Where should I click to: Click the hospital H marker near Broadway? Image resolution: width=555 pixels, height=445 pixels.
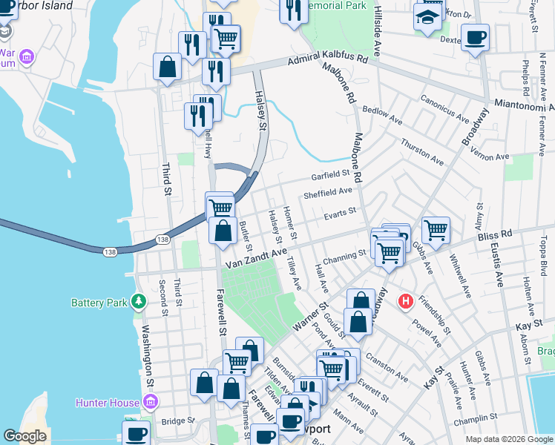(x=406, y=302)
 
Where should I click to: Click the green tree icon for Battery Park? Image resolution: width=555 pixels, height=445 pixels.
(x=138, y=302)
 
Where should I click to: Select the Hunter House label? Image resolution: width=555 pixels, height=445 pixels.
(x=108, y=403)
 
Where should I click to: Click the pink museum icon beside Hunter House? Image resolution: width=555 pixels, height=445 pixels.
(x=151, y=403)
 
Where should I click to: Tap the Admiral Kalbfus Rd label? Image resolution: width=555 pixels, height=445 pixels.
(x=326, y=59)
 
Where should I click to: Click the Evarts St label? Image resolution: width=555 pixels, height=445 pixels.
(x=340, y=213)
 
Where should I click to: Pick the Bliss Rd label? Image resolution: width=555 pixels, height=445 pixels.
(x=496, y=234)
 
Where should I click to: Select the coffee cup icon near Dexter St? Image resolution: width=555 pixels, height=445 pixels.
(x=475, y=36)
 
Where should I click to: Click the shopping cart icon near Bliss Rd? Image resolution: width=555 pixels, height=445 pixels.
(x=435, y=230)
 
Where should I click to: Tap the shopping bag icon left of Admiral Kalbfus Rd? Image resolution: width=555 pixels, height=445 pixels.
(x=168, y=67)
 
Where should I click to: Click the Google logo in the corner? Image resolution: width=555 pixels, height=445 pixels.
(x=26, y=436)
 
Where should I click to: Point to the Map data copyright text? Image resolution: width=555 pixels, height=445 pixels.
(x=509, y=439)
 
